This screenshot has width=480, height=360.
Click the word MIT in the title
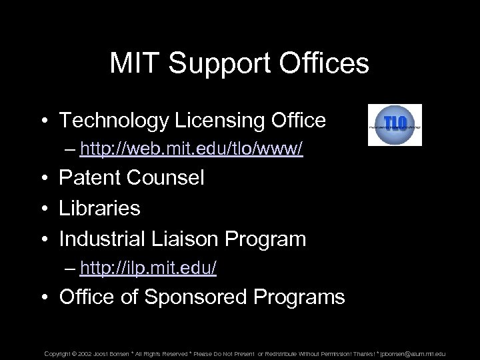tap(135, 64)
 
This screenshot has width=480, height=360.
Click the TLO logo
tap(395, 125)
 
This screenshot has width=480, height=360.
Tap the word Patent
tap(89, 179)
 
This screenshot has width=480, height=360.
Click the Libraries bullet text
tap(100, 208)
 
